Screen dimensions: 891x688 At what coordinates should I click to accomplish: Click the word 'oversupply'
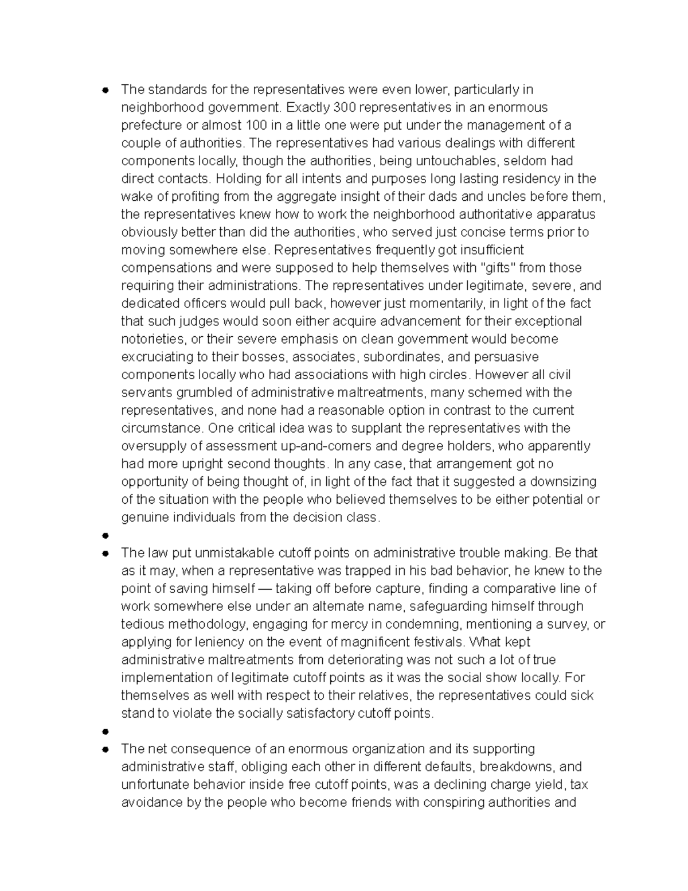(x=151, y=446)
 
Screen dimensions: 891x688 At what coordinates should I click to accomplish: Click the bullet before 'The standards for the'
(x=105, y=90)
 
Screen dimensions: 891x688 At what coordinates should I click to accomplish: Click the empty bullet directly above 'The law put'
(x=105, y=536)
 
